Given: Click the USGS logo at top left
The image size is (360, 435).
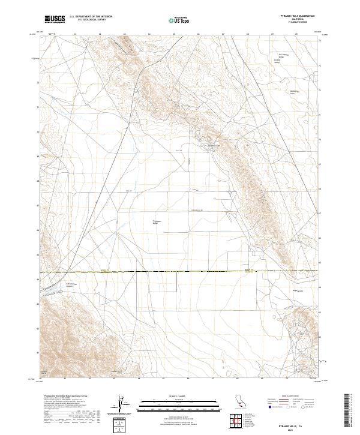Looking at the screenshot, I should pyautogui.click(x=55, y=20).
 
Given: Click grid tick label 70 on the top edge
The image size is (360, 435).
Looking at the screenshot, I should pyautogui.click(x=298, y=34).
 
